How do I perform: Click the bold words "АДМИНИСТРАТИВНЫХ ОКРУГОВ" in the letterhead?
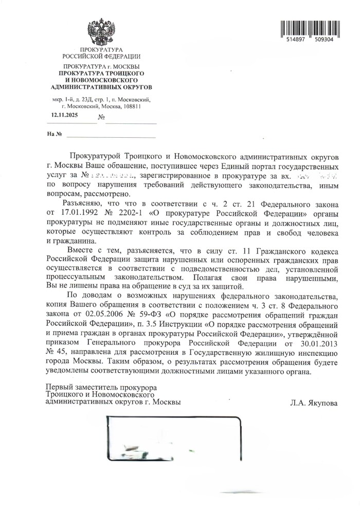click(x=101, y=88)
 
